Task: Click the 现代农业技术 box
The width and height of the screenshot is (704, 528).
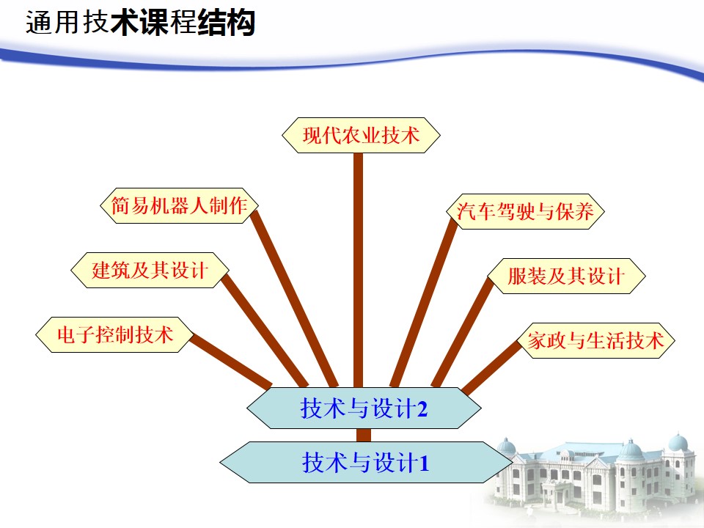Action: (361, 135)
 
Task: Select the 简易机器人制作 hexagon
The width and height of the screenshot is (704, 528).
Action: (179, 205)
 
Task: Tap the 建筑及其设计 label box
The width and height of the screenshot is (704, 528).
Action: (150, 271)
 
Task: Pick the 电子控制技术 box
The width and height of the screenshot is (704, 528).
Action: (115, 335)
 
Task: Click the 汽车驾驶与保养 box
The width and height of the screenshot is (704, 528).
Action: (525, 211)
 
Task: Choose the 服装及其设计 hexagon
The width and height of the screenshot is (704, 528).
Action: (566, 276)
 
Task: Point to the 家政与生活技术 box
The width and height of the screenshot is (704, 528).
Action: (595, 340)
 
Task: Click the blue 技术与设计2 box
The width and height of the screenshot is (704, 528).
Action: (364, 408)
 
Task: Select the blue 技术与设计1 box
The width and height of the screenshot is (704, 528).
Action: (366, 462)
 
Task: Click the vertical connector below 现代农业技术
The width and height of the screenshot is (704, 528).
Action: (358, 270)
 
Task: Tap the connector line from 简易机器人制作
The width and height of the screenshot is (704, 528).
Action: (294, 298)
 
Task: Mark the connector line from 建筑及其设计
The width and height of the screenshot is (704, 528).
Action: (265, 331)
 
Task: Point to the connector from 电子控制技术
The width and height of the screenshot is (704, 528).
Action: (231, 362)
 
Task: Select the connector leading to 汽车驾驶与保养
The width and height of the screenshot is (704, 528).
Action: (423, 302)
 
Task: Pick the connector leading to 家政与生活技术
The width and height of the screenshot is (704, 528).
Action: (491, 368)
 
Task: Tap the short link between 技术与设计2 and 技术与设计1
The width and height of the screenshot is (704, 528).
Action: (364, 435)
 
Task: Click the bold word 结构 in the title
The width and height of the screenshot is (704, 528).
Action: (227, 23)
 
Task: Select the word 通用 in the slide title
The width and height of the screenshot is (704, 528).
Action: (54, 23)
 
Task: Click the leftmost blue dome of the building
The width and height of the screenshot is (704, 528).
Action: (506, 446)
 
